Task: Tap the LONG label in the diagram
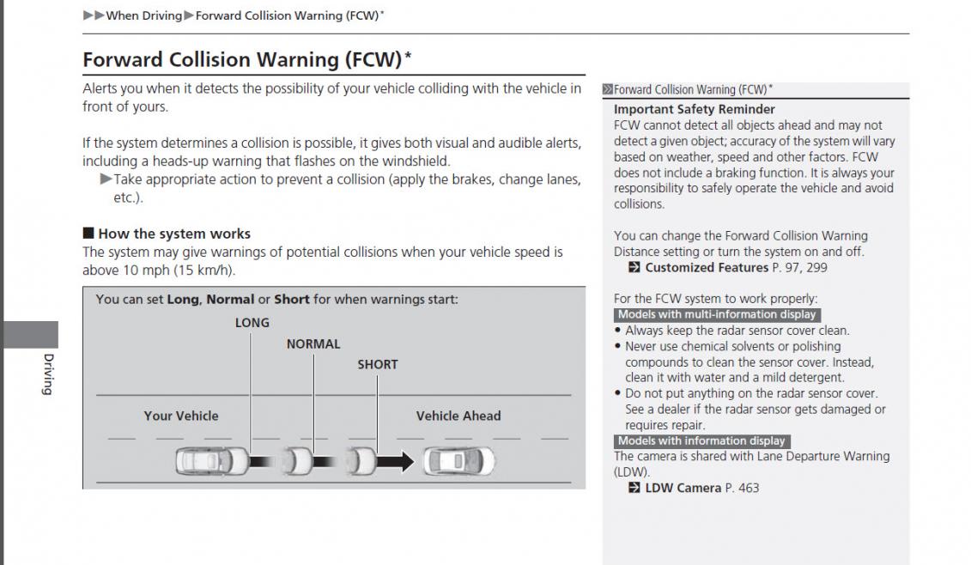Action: coord(252,323)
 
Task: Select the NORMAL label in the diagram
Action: coord(313,344)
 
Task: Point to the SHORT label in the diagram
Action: coord(378,365)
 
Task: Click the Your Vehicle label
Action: coord(180,416)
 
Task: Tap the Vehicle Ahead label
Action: coord(458,416)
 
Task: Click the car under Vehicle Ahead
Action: coord(458,462)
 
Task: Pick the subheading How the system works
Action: coord(174,234)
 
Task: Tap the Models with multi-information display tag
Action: coord(717,315)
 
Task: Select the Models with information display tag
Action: coord(701,441)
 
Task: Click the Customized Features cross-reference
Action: coord(707,268)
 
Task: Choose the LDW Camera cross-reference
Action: coord(683,489)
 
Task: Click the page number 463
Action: coord(749,489)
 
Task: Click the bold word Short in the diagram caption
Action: coord(292,300)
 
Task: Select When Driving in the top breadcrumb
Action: coord(144,15)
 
